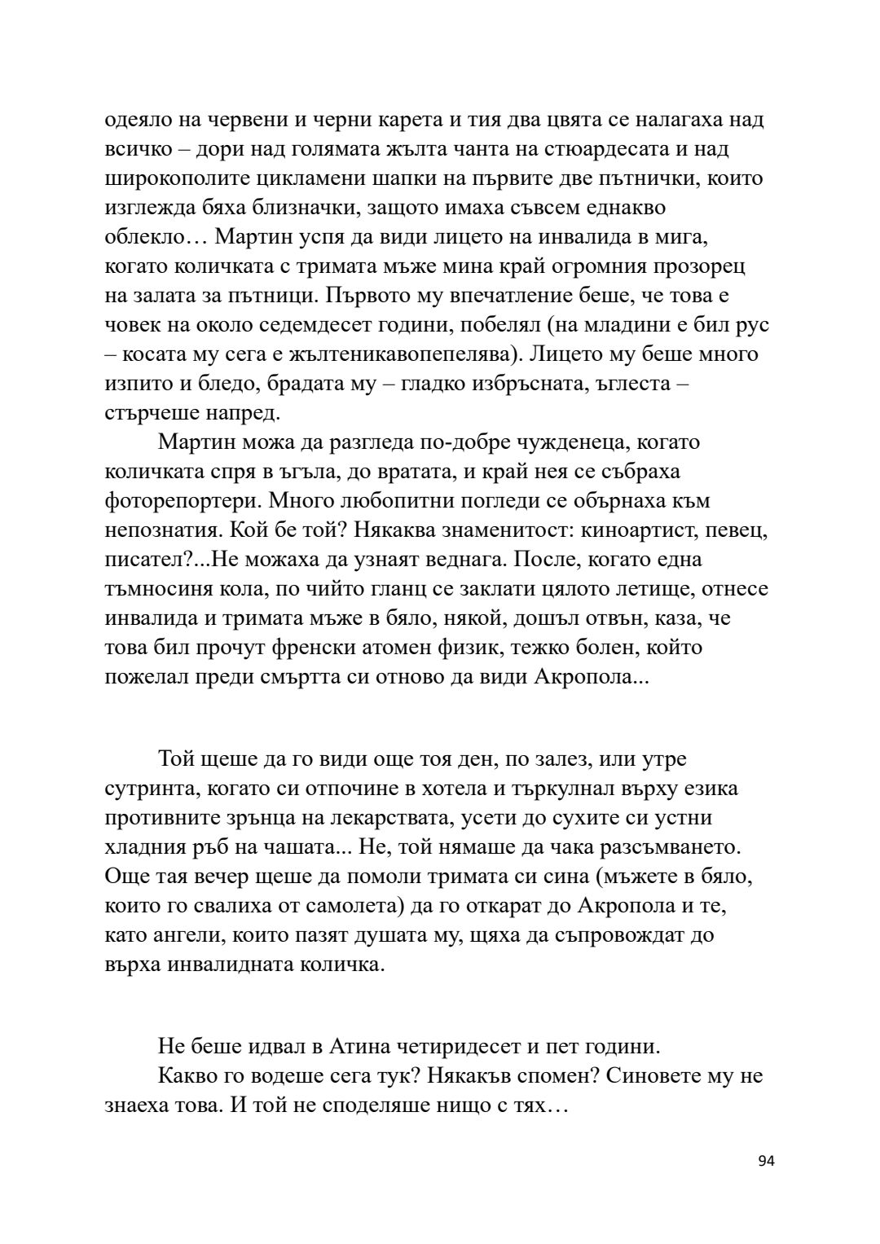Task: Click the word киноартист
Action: click(x=631, y=530)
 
